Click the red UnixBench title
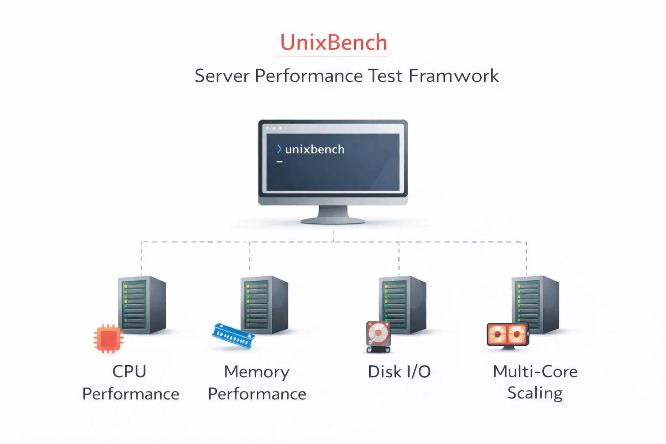[x=333, y=42]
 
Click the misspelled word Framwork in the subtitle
[x=454, y=76]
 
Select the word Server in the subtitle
[x=222, y=76]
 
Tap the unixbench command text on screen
[x=315, y=149]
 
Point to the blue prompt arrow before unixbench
[x=279, y=149]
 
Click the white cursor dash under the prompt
[x=280, y=162]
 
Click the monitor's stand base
[x=333, y=220]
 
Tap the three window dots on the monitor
[x=274, y=128]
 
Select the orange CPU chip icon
[x=108, y=339]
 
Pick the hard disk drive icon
[x=379, y=336]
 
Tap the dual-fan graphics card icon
[x=508, y=335]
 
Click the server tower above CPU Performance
[x=142, y=305]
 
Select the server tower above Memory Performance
[x=264, y=305]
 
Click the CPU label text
[x=129, y=372]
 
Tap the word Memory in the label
[x=257, y=372]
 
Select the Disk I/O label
[x=399, y=372]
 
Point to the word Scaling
[x=535, y=393]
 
